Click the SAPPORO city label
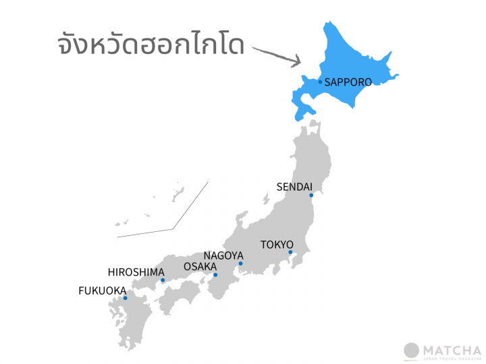pyautogui.click(x=348, y=82)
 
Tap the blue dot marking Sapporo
pyautogui.click(x=321, y=82)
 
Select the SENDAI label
pyautogui.click(x=294, y=187)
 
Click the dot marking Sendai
pyautogui.click(x=311, y=195)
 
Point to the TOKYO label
pyautogui.click(x=277, y=244)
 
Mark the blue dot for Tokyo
pyautogui.click(x=290, y=252)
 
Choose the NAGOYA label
pyautogui.click(x=223, y=255)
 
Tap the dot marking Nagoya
pyautogui.click(x=240, y=264)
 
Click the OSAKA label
pyautogui.click(x=200, y=267)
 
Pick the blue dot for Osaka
pyautogui.click(x=215, y=275)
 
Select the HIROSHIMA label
pyautogui.click(x=136, y=272)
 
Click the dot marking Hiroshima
pyautogui.click(x=163, y=280)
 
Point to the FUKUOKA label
pyautogui.click(x=103, y=291)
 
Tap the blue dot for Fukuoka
pyautogui.click(x=126, y=298)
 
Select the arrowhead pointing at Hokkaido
pyautogui.click(x=296, y=62)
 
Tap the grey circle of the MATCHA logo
pyautogui.click(x=411, y=351)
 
